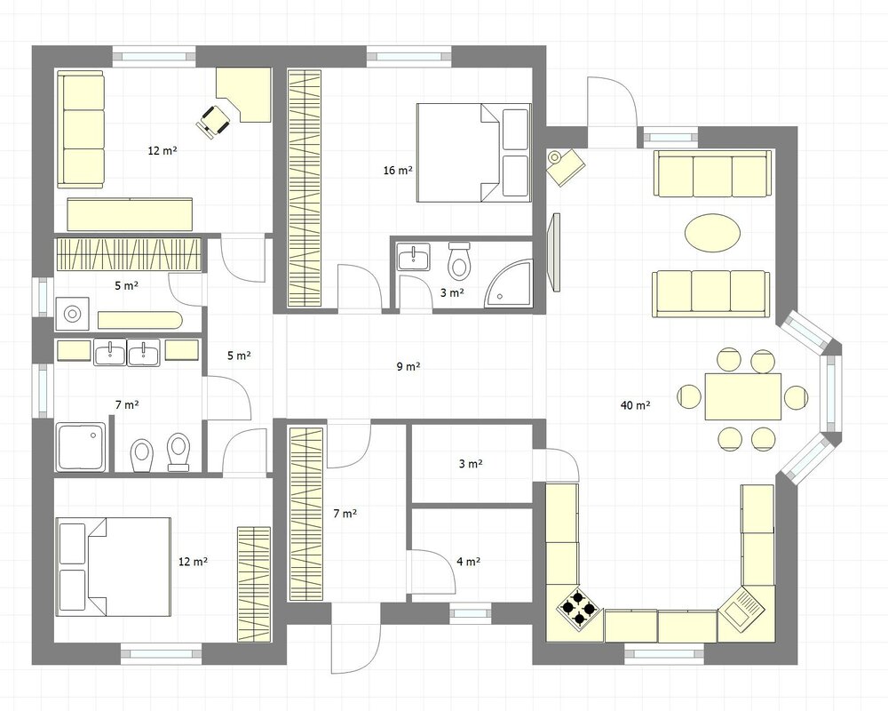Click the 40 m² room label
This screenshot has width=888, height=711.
click(636, 405)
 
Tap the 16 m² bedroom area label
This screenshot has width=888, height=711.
click(398, 170)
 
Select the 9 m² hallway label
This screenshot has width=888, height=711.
click(408, 366)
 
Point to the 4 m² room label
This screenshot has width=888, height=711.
click(469, 562)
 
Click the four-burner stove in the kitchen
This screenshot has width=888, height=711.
click(578, 609)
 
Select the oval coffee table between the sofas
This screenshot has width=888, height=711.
click(712, 233)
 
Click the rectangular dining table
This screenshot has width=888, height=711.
click(743, 396)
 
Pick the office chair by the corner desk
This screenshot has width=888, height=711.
click(213, 121)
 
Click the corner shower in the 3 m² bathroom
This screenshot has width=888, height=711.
click(509, 284)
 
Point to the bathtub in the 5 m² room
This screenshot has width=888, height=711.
click(139, 320)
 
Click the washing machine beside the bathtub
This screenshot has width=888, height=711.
click(72, 314)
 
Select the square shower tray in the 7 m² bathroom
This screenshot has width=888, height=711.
click(81, 447)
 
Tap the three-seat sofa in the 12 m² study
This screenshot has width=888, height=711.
click(81, 129)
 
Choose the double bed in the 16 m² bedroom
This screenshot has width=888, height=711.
click(473, 153)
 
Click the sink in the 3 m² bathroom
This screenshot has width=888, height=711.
click(414, 257)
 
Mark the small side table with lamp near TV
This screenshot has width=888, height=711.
click(566, 166)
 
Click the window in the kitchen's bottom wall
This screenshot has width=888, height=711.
click(663, 654)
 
